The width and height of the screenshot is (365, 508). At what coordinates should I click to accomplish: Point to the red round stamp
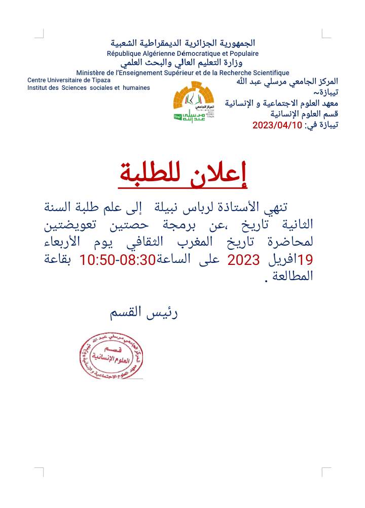pos(111,356)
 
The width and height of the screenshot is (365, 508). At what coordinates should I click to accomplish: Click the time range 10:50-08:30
pos(117,260)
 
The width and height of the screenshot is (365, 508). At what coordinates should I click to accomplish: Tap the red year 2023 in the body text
pos(243,260)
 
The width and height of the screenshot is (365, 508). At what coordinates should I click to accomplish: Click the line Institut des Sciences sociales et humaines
pos(89,88)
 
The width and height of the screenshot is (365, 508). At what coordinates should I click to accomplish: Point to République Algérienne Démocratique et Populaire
pos(182,53)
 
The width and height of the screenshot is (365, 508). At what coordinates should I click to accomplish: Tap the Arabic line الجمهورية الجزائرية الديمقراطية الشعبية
pos(182,43)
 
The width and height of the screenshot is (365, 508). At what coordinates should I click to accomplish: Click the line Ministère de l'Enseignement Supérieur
pos(182,73)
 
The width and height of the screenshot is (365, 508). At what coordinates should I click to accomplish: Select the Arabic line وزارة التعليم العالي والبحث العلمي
pos(182,63)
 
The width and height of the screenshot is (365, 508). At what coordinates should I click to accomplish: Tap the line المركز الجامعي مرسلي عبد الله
pos(287,81)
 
